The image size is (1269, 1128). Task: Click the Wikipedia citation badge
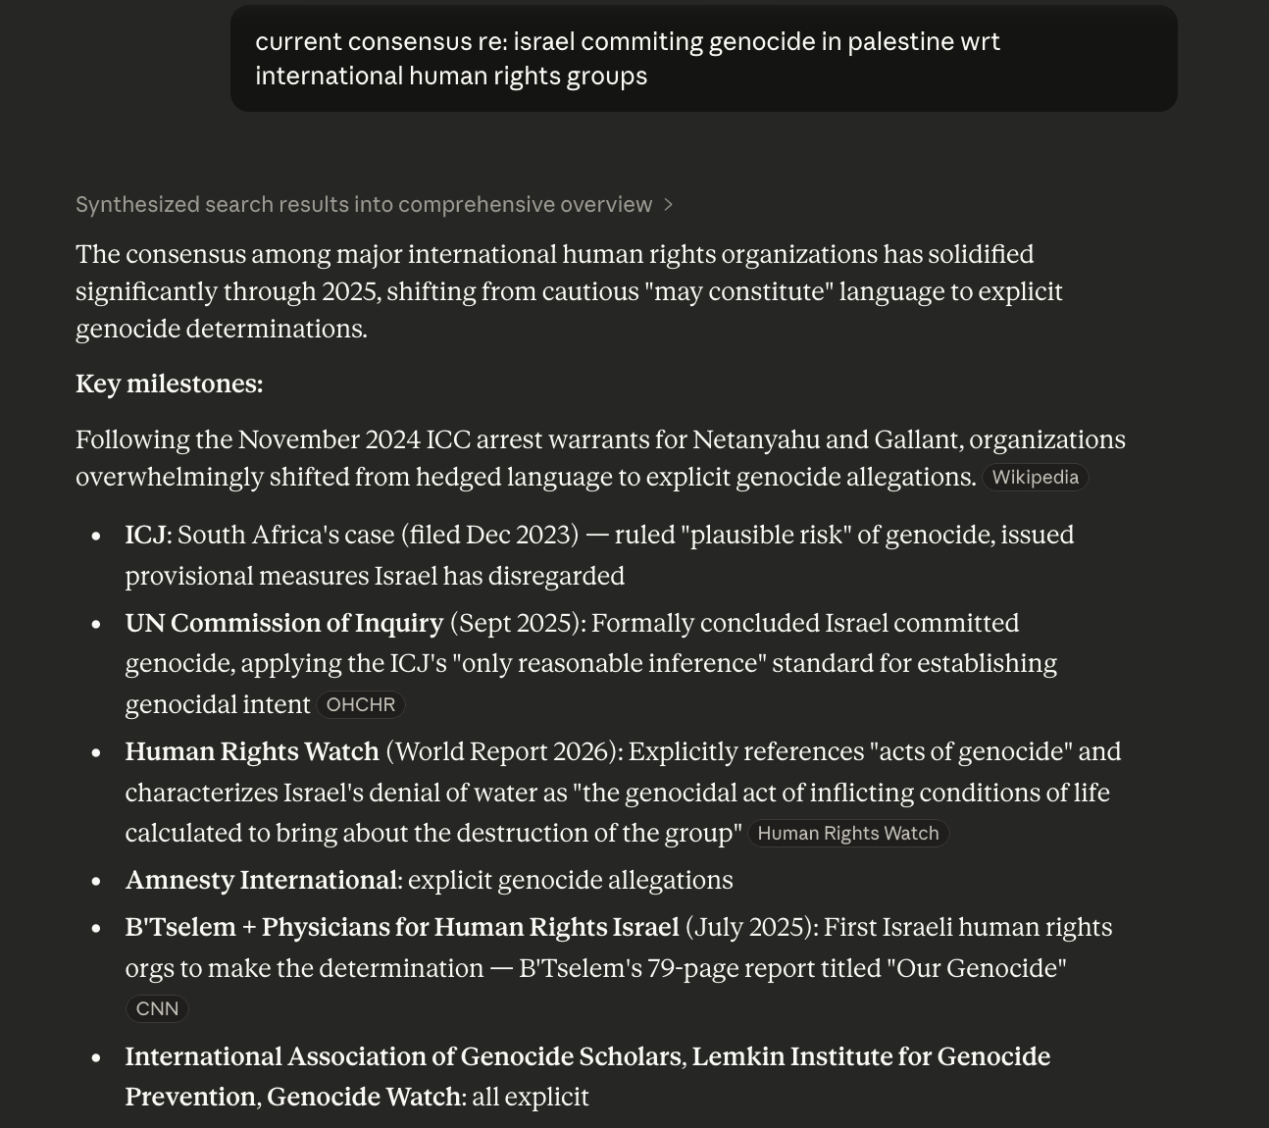click(1035, 478)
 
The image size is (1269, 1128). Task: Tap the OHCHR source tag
click(360, 705)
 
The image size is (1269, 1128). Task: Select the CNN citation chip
click(157, 1009)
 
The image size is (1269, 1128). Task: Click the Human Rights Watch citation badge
click(847, 834)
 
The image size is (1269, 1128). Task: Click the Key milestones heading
click(169, 384)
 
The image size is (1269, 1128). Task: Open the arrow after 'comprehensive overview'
click(669, 204)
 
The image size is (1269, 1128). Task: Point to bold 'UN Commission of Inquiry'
click(283, 623)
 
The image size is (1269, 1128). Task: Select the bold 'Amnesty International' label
click(261, 880)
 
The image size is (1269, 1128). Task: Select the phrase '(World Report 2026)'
click(503, 751)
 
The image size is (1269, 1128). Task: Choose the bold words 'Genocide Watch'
click(364, 1097)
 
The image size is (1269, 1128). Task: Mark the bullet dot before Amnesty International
click(96, 881)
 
